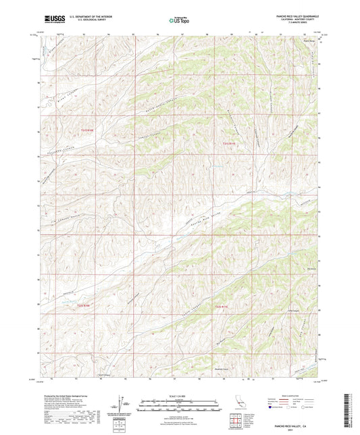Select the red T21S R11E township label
click(x=229, y=143)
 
